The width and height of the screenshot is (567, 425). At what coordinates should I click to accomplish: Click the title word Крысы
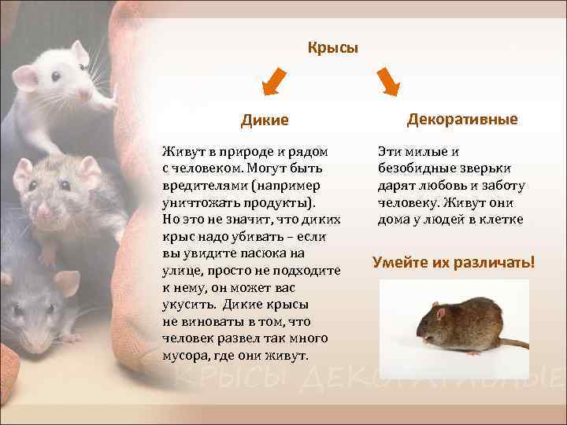click(332, 48)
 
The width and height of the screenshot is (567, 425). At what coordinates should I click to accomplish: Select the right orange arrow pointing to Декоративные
click(388, 81)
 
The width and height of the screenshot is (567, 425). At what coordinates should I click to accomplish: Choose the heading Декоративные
click(462, 119)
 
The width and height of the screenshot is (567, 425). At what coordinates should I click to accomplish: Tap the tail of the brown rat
click(511, 344)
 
